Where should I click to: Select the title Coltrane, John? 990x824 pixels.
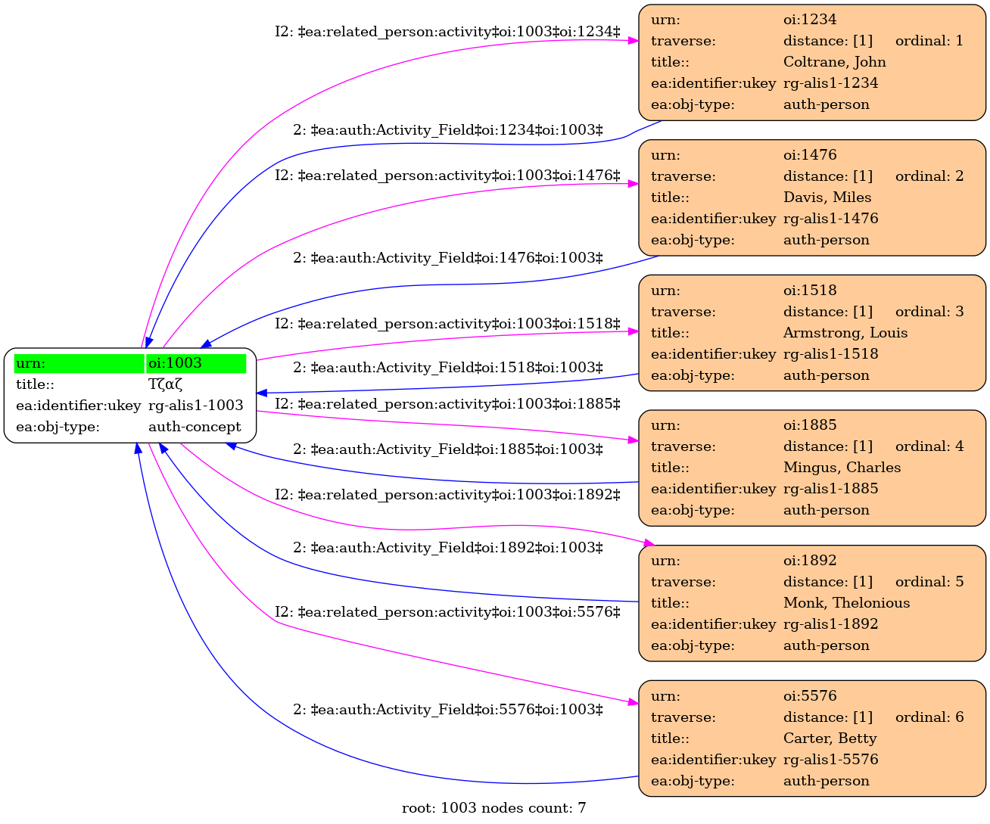(x=834, y=61)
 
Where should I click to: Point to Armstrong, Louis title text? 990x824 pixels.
(x=845, y=333)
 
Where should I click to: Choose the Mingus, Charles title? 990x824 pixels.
(x=842, y=468)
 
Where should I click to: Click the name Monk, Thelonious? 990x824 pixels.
(x=846, y=602)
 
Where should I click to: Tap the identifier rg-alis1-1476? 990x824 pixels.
(x=831, y=219)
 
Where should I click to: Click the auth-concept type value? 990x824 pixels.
(x=195, y=427)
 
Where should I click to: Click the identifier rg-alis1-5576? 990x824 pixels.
(x=831, y=760)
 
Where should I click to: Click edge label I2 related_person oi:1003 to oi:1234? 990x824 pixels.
(x=447, y=32)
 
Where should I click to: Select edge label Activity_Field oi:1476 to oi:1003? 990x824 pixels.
(x=447, y=258)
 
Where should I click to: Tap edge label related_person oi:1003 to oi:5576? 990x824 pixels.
(x=447, y=612)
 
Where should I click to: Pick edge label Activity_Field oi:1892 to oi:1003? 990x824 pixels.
(x=447, y=548)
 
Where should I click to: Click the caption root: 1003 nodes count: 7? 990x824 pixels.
(x=493, y=808)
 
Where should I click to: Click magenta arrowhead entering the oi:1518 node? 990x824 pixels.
(x=633, y=331)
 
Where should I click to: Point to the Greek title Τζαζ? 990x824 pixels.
(x=165, y=384)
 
